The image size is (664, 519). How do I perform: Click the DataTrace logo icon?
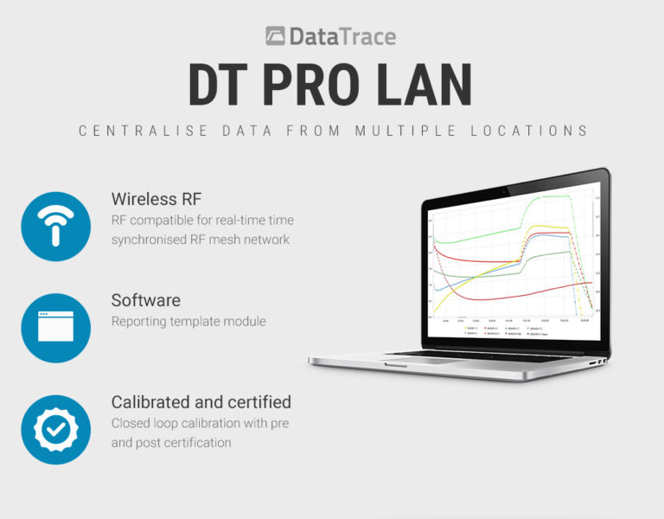click(276, 36)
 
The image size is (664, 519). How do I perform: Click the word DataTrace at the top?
click(342, 36)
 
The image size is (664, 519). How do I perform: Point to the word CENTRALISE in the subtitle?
click(132, 131)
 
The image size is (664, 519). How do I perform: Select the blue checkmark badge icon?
click(56, 429)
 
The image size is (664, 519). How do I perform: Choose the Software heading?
click(145, 301)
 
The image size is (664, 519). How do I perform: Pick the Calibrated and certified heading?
click(201, 402)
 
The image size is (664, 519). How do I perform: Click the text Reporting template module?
click(188, 322)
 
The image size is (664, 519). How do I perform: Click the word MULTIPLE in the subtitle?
click(406, 131)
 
